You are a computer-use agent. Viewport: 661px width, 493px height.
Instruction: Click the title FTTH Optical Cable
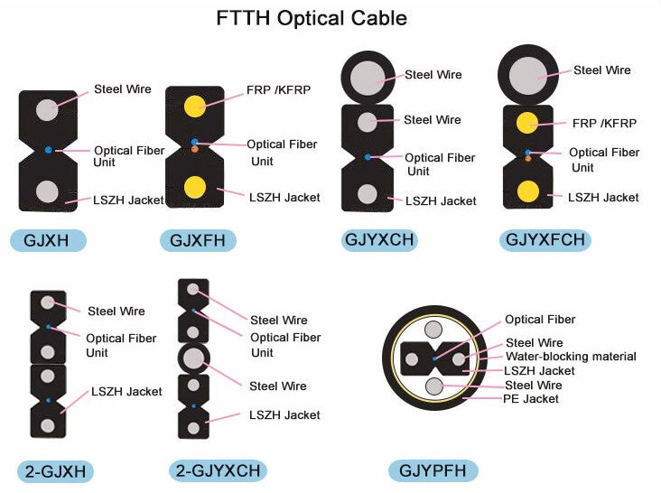pos(311,18)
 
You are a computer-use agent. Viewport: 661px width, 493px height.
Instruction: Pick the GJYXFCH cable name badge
pos(545,240)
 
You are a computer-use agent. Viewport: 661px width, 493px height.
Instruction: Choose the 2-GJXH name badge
pos(55,471)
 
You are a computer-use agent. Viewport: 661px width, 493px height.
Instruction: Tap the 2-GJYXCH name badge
pos(219,470)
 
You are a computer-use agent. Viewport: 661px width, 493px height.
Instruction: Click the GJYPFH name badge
pos(433,470)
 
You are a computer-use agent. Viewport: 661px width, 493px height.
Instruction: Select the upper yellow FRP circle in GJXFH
pos(194,105)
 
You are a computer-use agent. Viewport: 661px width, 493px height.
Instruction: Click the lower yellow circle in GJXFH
pos(194,187)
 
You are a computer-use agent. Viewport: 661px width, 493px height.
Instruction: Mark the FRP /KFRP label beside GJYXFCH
pos(603,124)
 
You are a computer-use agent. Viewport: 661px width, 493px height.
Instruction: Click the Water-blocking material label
pos(570,357)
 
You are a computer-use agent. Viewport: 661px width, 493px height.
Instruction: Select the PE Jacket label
pos(530,398)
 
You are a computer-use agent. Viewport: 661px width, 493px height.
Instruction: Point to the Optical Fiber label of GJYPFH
pos(539,320)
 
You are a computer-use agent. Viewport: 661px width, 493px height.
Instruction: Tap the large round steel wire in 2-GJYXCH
pos(192,358)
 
